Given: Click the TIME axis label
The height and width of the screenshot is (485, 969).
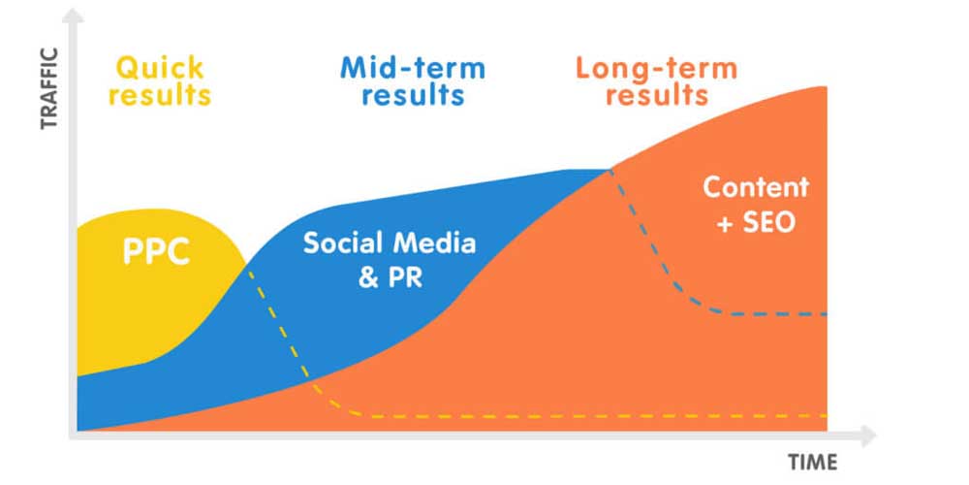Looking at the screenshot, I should (812, 462).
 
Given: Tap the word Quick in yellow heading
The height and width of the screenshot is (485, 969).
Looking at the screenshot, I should (161, 68).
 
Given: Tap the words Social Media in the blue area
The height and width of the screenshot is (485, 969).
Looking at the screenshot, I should (390, 242).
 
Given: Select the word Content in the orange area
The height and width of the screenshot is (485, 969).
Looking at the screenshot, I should (756, 187).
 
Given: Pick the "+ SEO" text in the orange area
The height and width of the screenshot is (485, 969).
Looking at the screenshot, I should (756, 222).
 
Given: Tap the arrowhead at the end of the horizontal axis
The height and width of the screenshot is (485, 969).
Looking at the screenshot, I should (869, 433).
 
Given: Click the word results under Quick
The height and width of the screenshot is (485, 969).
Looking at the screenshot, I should (160, 96).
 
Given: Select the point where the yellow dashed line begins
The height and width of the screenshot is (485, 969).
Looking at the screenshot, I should (249, 267).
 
